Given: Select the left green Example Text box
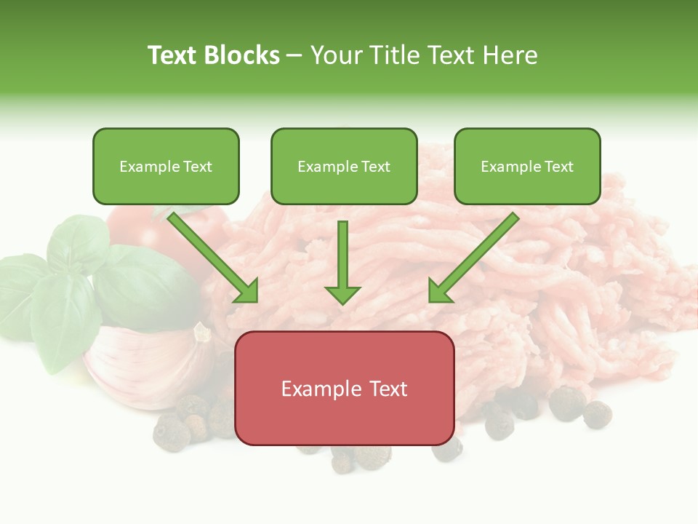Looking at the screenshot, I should [x=166, y=166].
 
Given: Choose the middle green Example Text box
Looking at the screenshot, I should [x=344, y=166].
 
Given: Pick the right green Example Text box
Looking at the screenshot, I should [x=527, y=166].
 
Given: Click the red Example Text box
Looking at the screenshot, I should [x=344, y=388].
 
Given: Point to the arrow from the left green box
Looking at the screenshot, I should [x=212, y=257].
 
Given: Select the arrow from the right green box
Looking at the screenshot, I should [x=474, y=257].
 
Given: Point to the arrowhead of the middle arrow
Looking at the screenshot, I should [x=342, y=294].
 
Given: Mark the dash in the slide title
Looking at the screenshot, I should [x=294, y=56].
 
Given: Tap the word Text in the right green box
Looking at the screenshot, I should [x=559, y=167].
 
